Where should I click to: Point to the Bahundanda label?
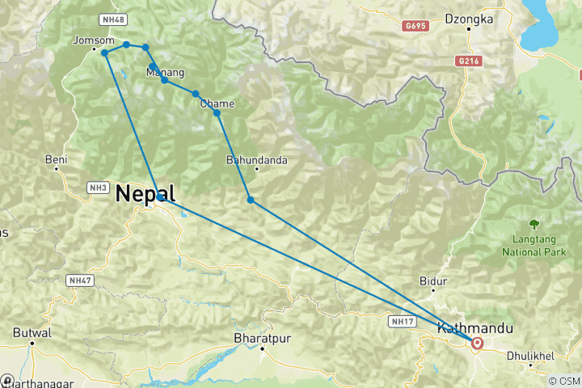[x=257, y=160]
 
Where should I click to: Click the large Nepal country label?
[x=145, y=193]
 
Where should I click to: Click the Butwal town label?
[x=32, y=332]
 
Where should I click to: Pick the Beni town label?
[x=55, y=159]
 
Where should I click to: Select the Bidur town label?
[x=433, y=281]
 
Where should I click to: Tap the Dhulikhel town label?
[x=529, y=356]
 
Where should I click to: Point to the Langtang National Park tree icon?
[x=533, y=223]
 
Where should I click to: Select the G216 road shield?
[x=467, y=61]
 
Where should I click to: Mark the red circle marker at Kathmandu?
[x=478, y=343]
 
